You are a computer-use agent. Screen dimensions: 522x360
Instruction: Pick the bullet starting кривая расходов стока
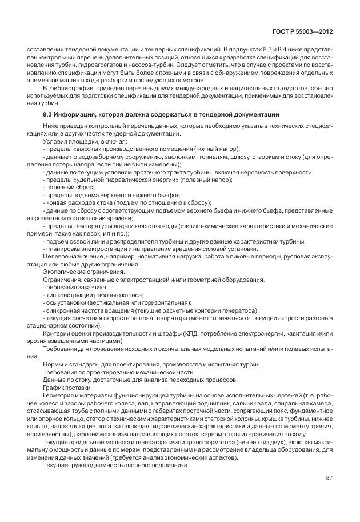[x=127, y=202]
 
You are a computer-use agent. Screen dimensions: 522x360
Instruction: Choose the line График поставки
[x=66, y=386]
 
